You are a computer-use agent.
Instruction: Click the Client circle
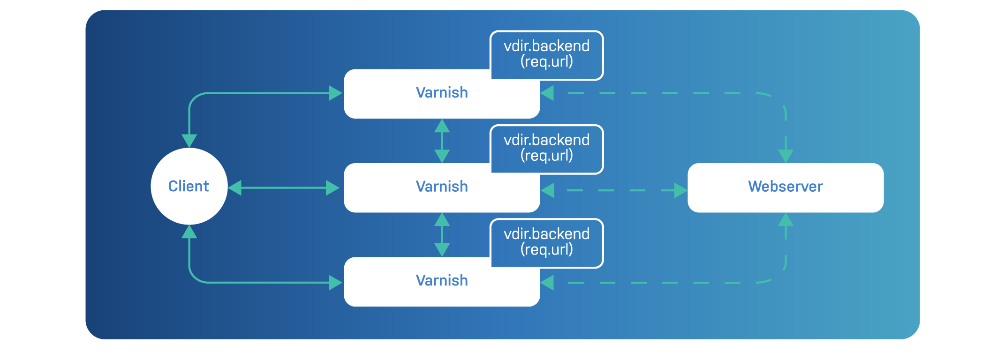(189, 186)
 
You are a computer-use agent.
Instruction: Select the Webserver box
(786, 187)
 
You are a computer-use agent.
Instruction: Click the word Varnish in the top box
(442, 93)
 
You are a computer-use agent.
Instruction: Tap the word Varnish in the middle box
(442, 187)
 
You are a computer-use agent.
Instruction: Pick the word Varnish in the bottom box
(442, 280)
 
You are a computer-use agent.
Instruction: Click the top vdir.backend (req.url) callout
(546, 54)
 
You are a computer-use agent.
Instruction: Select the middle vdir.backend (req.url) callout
(546, 148)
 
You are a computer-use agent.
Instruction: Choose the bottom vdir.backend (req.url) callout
(546, 241)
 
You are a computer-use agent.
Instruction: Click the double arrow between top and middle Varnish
(442, 141)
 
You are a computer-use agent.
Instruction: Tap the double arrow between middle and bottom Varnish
(442, 234)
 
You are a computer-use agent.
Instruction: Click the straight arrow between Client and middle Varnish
(284, 188)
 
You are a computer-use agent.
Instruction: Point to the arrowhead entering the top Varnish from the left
(335, 93)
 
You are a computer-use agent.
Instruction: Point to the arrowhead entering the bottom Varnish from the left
(335, 283)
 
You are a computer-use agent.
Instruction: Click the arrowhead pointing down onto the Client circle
(189, 141)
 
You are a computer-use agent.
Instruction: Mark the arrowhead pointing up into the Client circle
(189, 232)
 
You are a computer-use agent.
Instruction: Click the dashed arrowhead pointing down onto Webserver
(786, 156)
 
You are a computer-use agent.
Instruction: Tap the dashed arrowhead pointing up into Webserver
(786, 220)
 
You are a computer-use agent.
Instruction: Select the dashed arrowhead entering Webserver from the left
(680, 190)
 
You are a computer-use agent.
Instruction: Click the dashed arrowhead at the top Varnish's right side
(547, 93)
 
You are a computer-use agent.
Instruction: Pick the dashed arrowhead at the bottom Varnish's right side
(547, 283)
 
